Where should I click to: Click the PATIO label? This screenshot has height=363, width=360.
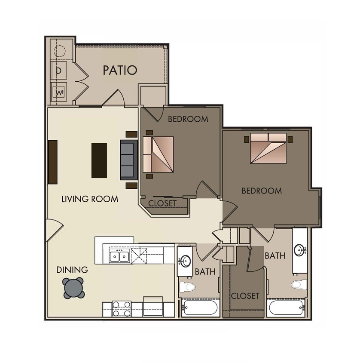coord(120,70)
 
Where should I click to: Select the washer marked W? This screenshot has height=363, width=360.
coord(58,92)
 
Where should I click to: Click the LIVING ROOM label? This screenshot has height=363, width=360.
coord(90,199)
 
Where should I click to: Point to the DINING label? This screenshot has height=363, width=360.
coord(72,270)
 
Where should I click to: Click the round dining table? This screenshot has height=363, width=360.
coord(73,288)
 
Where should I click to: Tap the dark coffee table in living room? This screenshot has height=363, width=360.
coord(99,160)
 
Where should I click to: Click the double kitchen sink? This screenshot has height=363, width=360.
coord(120,257)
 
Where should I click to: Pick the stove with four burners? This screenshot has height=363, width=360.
coord(122,309)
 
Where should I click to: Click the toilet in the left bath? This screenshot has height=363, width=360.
coord(187,286)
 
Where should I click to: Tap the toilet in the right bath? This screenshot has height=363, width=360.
coord(299,284)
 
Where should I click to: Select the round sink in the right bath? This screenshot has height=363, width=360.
coord(299,250)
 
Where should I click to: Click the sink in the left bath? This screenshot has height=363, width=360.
coord(186,261)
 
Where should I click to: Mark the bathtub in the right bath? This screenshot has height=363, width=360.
coord(286,308)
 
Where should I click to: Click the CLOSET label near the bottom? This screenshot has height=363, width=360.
coord(245,296)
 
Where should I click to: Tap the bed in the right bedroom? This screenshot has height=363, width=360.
coord(268,148)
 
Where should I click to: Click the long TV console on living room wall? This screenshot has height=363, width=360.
coord(53,162)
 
